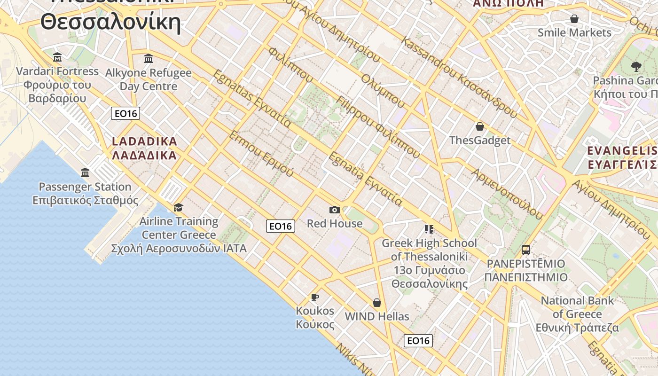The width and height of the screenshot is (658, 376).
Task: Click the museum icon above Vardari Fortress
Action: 57,57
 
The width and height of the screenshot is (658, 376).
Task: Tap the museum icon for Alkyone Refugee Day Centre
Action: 149,58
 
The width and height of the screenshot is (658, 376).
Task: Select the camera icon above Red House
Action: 335,210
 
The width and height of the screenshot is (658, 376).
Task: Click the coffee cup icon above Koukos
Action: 315,297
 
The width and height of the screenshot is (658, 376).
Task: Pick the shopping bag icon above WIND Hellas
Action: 376,303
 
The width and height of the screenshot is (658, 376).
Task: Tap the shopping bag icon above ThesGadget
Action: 480,126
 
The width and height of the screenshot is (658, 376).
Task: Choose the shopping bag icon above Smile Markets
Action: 574,19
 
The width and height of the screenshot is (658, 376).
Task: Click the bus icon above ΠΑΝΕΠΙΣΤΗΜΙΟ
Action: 526,250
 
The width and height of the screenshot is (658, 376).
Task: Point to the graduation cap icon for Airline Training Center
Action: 178,208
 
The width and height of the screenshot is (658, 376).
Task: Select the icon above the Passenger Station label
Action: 85,173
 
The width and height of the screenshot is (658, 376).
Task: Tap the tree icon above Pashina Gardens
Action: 636,66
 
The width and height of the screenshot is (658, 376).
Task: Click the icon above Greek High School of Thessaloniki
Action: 429,229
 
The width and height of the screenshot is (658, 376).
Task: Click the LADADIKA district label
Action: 144,141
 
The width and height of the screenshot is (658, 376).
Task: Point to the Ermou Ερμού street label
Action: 261,154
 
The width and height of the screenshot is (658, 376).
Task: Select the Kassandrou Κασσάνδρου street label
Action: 459,78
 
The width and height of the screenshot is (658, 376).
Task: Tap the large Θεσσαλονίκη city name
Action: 110,22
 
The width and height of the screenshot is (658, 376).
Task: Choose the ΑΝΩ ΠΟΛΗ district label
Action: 508,3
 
